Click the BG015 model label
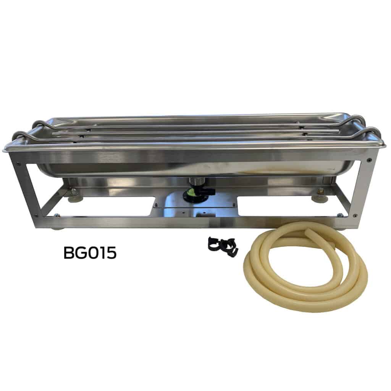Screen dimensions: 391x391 pos(90,253)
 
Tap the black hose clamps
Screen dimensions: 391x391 pos(223,245)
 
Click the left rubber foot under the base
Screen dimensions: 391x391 pos(57,228)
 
